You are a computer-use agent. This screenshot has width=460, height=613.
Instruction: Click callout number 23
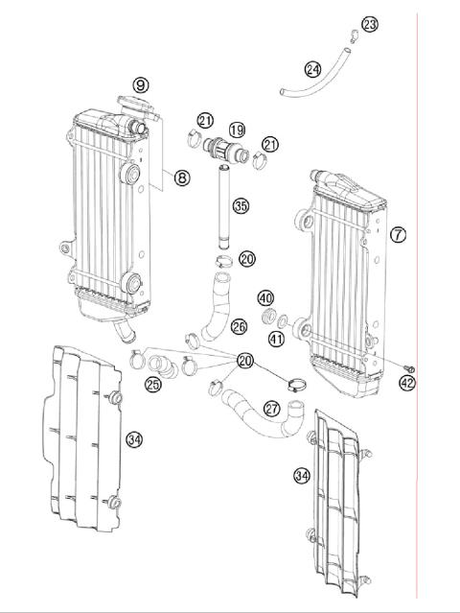370,23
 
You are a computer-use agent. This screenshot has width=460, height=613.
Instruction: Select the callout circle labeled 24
312,69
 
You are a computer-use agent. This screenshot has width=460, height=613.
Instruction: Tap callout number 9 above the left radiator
141,85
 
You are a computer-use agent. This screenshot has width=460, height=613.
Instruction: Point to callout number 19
237,129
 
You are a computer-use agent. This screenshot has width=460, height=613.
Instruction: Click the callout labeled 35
241,204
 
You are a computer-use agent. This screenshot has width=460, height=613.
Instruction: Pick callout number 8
182,176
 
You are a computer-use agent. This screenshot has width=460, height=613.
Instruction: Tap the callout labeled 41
276,337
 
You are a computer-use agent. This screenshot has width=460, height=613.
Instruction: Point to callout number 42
408,383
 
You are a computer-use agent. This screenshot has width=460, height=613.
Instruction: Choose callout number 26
239,327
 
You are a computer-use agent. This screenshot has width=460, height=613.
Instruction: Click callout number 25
152,385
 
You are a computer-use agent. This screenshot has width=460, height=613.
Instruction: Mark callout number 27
272,409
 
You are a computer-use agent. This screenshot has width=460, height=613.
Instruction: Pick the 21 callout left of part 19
205,120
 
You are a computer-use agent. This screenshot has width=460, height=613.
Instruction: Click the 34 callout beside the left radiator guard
135,439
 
